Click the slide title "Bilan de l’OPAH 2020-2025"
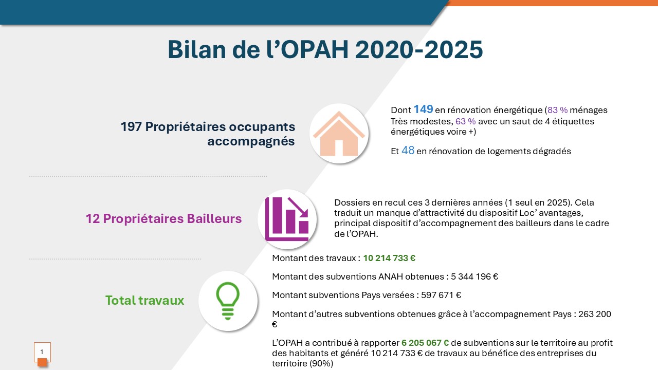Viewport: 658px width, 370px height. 325,49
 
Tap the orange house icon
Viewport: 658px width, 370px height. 339,134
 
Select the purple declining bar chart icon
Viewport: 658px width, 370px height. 287,219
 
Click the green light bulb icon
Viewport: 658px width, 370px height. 228,301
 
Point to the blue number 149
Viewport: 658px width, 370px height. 423,109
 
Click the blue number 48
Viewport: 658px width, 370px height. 408,151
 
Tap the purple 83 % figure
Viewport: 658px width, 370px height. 558,110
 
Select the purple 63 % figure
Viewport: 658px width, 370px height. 466,121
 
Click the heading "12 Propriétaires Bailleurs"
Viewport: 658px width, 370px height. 163,219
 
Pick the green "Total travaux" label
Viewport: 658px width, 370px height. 144,301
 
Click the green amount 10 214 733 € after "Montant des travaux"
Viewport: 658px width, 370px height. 389,258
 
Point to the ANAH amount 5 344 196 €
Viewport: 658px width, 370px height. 474,276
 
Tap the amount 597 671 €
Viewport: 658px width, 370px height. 441,295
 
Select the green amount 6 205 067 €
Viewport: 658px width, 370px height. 425,343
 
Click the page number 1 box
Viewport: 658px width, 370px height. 42,352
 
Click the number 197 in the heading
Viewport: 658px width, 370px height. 131,127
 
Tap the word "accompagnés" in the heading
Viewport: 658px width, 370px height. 251,141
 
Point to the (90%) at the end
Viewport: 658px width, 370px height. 322,363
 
